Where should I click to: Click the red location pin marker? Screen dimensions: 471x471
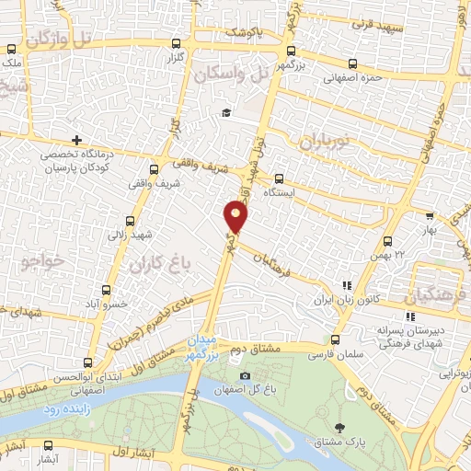(236, 216)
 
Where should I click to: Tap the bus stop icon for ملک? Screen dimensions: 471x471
(11, 51)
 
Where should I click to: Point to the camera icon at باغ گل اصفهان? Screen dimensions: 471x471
(244, 375)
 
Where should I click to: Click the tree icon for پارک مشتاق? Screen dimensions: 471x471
(342, 427)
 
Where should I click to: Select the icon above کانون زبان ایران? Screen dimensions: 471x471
(347, 286)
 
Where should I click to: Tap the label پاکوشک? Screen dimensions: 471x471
(246, 32)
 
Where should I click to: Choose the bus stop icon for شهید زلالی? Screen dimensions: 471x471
(128, 221)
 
